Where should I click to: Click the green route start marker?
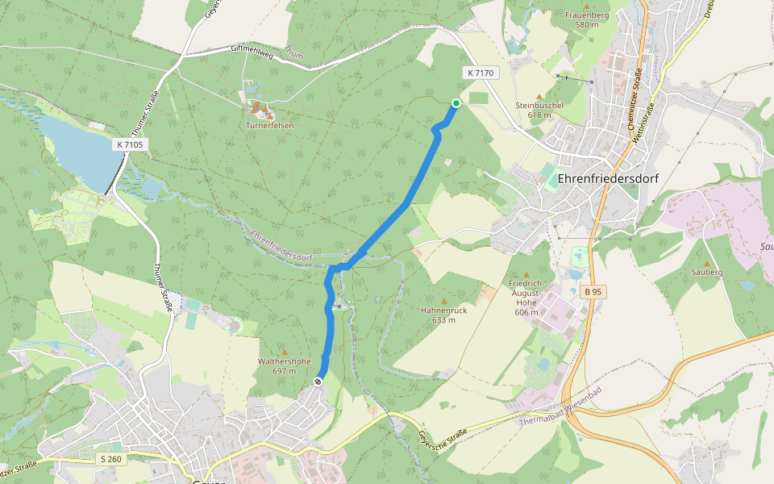pyautogui.click(x=456, y=103)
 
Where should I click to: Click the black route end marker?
pyautogui.click(x=318, y=382)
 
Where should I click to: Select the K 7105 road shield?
pyautogui.click(x=130, y=144)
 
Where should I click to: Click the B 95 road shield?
pyautogui.click(x=593, y=291)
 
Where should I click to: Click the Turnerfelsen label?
pyautogui.click(x=269, y=126)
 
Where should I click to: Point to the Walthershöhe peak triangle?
pyautogui.click(x=284, y=353)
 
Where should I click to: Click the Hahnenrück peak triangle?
pyautogui.click(x=443, y=301)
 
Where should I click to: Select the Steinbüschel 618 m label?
pyautogui.click(x=539, y=110)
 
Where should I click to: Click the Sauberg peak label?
pyautogui.click(x=707, y=273)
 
